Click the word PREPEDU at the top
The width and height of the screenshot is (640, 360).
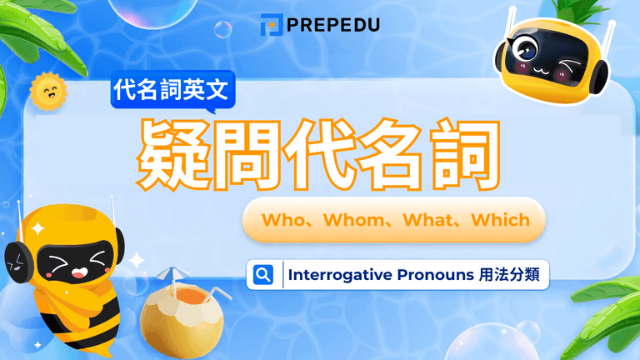[x=332, y=25]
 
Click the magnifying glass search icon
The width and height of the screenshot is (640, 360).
[x=263, y=274]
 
